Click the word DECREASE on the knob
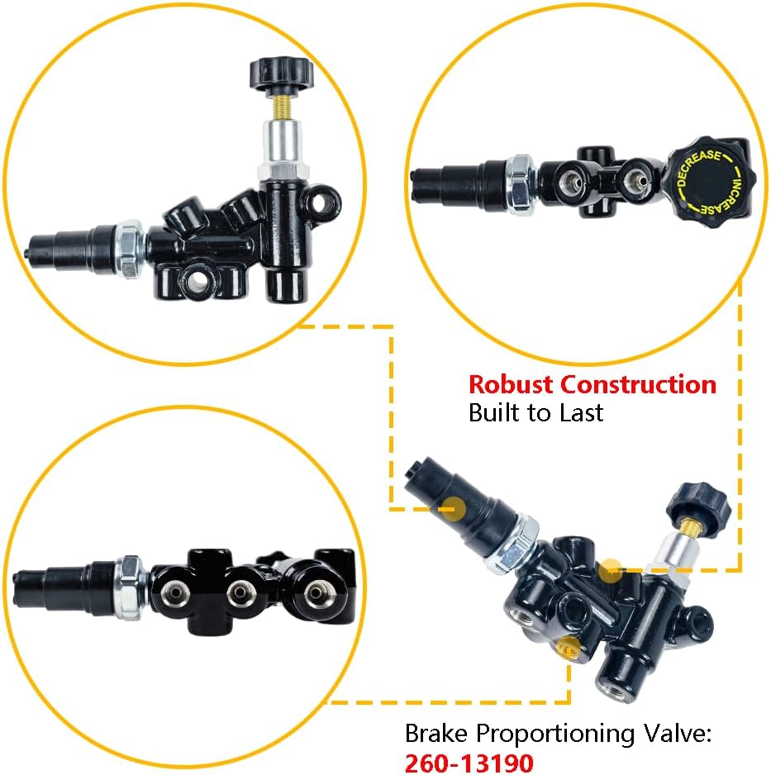pos(697,166)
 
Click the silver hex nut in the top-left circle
pos(131,249)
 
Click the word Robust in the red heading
pos(511,384)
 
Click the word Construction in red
pos(638,384)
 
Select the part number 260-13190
pos(469,762)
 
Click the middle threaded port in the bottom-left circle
pos(240,592)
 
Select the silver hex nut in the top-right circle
pos(521,184)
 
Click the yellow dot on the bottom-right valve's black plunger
pos(453,509)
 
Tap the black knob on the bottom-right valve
pos(698,509)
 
